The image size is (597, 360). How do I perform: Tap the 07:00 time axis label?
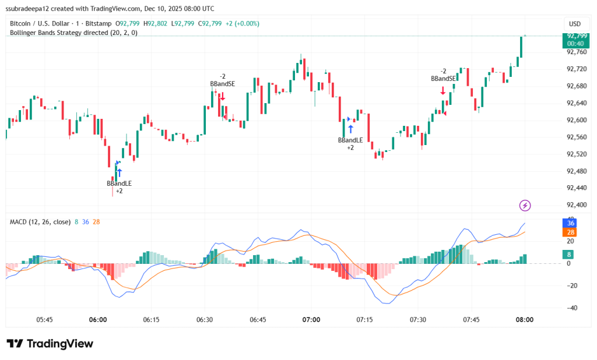[x=311, y=320]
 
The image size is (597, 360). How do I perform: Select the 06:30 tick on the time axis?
[x=205, y=320]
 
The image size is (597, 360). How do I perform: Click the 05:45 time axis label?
[x=45, y=320]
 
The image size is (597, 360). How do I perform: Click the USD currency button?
[x=574, y=24]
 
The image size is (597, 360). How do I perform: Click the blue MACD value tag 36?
[x=571, y=223]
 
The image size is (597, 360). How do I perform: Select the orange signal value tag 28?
[x=571, y=232]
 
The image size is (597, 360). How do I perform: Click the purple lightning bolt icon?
[x=525, y=205]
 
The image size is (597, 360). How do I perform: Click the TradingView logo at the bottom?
[x=50, y=344]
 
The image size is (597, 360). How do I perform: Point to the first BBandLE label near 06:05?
[x=119, y=183]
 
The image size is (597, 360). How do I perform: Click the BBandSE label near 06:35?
[x=223, y=84]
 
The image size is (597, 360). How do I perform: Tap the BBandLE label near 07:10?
[x=350, y=140]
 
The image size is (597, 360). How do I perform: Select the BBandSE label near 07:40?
[x=444, y=79]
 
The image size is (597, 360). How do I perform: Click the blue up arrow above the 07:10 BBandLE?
[x=350, y=129]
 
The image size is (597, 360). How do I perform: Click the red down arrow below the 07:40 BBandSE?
[x=443, y=90]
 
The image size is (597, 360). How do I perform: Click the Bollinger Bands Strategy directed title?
[x=73, y=33]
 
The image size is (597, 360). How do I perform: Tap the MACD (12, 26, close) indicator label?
[x=40, y=222]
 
